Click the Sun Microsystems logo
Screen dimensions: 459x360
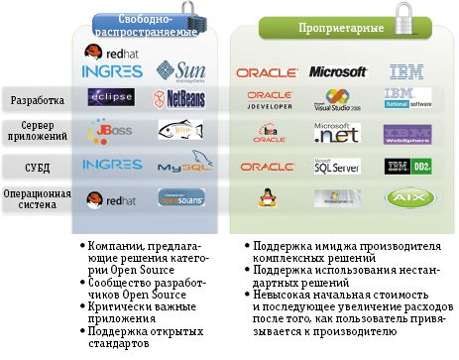click(180, 70)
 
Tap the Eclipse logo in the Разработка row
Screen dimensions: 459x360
click(111, 98)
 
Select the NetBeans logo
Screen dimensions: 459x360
click(180, 98)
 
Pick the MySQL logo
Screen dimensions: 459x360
click(180, 164)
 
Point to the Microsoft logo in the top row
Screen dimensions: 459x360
click(338, 71)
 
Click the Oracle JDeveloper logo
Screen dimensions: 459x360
click(265, 99)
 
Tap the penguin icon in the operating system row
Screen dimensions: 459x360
click(266, 198)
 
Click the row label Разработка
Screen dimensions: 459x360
click(39, 100)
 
